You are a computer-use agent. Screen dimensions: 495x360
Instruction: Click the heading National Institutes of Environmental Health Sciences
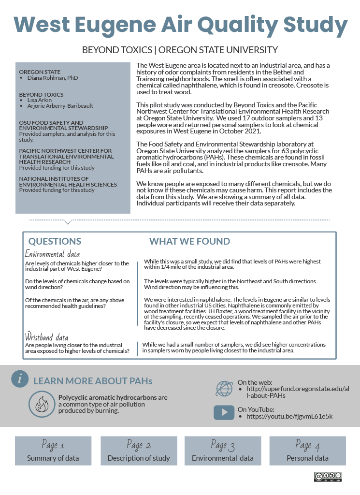(68, 182)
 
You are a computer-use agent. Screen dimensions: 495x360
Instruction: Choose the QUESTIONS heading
(55, 241)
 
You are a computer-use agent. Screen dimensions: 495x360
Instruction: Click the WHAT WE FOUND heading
(189, 241)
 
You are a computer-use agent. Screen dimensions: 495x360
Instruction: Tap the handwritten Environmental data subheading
(52, 254)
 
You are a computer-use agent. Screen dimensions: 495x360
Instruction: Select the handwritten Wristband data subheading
(46, 337)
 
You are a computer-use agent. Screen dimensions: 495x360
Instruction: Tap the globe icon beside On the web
(224, 388)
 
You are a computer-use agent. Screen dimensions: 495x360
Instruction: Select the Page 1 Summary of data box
(53, 451)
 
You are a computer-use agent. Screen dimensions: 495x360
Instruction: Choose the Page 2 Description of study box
(139, 451)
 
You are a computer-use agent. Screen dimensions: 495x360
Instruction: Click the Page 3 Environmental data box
(223, 451)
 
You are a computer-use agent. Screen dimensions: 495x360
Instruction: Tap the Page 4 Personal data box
(307, 451)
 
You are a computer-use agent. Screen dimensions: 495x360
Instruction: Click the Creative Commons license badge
(328, 476)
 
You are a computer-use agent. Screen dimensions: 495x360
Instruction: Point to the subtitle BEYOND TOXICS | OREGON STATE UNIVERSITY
(180, 50)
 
